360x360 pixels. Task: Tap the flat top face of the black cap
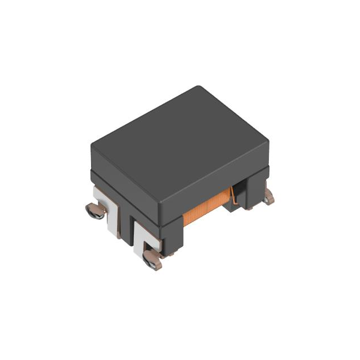(179, 143)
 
